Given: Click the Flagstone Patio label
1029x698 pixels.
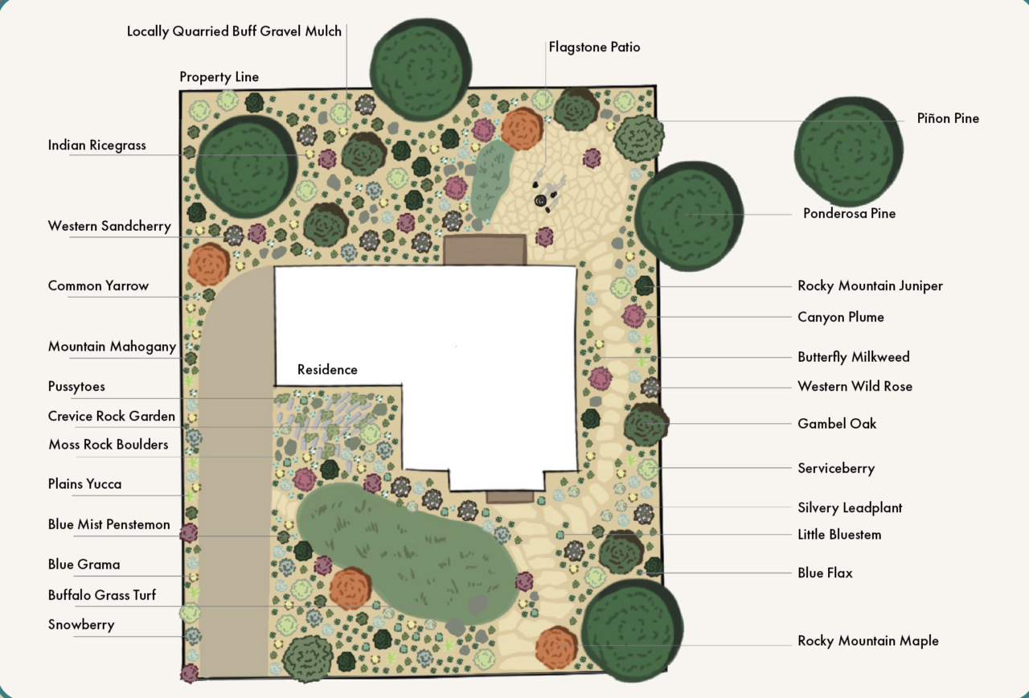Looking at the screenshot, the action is [x=594, y=47].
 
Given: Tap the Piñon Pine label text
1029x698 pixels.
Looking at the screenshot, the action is [x=948, y=118].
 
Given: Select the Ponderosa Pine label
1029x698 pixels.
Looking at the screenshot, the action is [x=849, y=213].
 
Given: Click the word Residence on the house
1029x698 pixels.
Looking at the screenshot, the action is [x=327, y=369].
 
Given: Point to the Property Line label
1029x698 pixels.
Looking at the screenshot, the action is [x=219, y=76].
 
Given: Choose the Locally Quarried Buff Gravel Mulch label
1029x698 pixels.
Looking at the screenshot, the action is [x=234, y=31].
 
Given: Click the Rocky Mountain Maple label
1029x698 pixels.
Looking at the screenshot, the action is [x=867, y=641].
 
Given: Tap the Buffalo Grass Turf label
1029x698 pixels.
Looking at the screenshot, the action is [x=102, y=595].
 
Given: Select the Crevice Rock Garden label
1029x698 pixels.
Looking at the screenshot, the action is [x=112, y=416].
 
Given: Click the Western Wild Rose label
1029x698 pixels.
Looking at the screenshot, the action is [x=855, y=387].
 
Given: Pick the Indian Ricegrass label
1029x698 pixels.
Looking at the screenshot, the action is [x=97, y=146].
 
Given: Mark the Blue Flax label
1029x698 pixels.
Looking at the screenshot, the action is [x=825, y=573].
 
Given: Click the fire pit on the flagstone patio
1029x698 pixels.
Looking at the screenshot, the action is [x=541, y=200].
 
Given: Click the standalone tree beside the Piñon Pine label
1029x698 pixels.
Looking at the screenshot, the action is [x=848, y=151].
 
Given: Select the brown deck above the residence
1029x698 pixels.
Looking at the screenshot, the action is [x=485, y=250].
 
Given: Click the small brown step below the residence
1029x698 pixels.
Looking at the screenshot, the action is [x=510, y=496].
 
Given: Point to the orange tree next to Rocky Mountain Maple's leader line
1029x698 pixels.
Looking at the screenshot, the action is [x=556, y=647].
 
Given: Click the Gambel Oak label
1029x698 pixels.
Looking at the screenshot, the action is [x=837, y=424].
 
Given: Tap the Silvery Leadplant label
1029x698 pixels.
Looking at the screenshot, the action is [x=850, y=507].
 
